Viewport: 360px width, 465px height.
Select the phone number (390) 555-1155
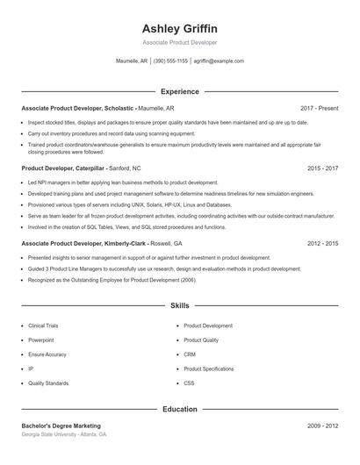(170, 61)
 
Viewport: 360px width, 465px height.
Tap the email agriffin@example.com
(219, 61)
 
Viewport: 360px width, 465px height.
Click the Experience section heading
(180, 91)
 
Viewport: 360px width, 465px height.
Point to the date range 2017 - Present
(318, 108)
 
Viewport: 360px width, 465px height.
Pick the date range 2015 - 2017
(322, 167)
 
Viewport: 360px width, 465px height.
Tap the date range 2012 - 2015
(322, 243)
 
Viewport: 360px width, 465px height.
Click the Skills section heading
(180, 306)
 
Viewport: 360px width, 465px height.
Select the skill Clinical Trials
(43, 325)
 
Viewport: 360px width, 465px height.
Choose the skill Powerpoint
(40, 340)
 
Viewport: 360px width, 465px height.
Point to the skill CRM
(189, 354)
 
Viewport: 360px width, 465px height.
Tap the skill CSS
(189, 383)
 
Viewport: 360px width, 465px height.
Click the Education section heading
(180, 409)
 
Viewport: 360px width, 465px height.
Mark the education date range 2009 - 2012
(322, 426)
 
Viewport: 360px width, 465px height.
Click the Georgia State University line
(64, 434)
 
